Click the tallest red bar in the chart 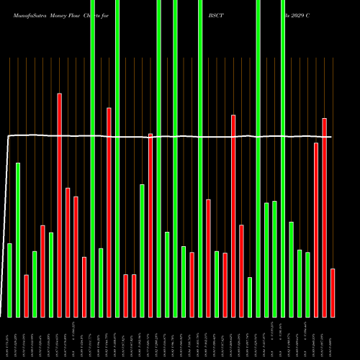click(x=60, y=205)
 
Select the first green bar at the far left click(x=9, y=280)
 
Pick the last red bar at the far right click(x=333, y=292)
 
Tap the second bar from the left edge click(x=18, y=240)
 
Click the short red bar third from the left click(x=27, y=295)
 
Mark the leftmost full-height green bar click(x=93, y=158)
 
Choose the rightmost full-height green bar click(x=283, y=158)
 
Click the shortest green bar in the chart click(x=250, y=297)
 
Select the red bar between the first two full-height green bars click(x=109, y=212)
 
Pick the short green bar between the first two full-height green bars click(x=101, y=282)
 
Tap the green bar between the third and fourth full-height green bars click(x=167, y=274)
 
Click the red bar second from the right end click(x=324, y=217)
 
